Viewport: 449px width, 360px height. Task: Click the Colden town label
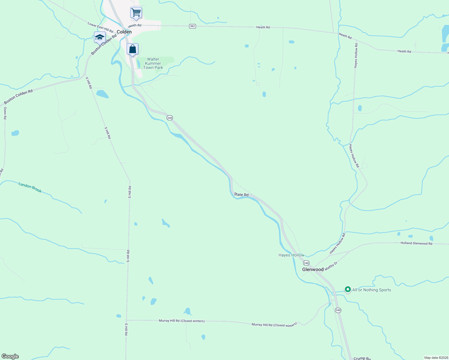(x=124, y=32)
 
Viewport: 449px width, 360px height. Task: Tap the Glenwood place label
(x=313, y=269)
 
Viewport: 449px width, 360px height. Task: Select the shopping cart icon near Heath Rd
(x=136, y=13)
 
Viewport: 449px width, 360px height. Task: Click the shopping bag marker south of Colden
(x=132, y=49)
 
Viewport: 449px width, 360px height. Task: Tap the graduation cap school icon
(x=100, y=37)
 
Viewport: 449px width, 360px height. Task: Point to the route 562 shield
(x=192, y=26)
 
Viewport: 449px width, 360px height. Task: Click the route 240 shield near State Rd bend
(x=170, y=118)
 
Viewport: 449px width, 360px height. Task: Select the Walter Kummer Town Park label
(x=153, y=63)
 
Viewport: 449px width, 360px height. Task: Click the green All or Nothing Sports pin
(x=348, y=289)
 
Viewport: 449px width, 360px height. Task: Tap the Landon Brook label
(x=30, y=187)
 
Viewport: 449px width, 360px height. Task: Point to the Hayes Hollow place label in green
(x=291, y=255)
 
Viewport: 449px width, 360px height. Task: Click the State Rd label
(x=241, y=195)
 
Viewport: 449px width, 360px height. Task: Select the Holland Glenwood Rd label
(x=416, y=243)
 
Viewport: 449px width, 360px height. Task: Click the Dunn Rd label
(x=5, y=113)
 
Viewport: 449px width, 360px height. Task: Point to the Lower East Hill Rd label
(x=100, y=27)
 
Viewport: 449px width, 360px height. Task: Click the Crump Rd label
(x=362, y=358)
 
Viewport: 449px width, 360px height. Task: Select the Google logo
(x=10, y=356)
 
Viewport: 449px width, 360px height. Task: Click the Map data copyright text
(x=436, y=358)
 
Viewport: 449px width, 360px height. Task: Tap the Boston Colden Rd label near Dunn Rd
(x=18, y=97)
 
